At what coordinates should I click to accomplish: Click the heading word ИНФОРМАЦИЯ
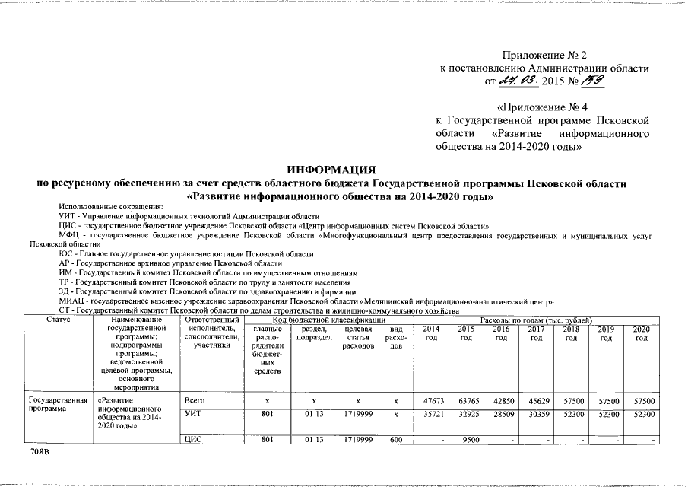coord(334,169)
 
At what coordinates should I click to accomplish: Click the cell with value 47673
coord(430,401)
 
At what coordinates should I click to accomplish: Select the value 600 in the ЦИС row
coord(395,440)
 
